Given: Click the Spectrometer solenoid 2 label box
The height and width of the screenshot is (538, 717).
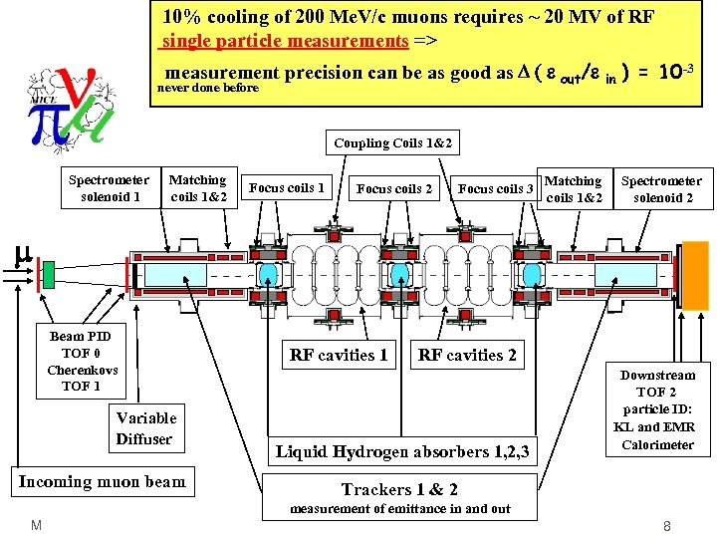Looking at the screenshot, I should click(661, 189).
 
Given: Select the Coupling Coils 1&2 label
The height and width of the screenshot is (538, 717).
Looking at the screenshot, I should click(392, 143).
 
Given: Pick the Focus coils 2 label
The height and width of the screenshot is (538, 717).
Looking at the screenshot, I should click(394, 189).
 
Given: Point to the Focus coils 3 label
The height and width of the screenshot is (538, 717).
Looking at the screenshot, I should click(496, 189).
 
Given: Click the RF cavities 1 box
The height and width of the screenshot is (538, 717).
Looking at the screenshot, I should click(339, 355).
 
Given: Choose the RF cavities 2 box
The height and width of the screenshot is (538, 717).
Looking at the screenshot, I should click(467, 355).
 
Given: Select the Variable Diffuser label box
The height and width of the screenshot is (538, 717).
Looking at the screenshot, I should click(145, 428).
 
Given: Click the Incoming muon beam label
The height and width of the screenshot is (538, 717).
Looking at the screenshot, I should click(102, 482).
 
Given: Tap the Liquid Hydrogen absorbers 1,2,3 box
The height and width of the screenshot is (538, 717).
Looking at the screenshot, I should click(402, 452).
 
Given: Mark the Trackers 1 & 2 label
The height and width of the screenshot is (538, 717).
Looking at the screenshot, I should click(399, 489).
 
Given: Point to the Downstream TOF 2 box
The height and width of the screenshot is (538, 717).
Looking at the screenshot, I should click(658, 409).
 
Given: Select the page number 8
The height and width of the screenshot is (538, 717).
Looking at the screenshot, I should click(664, 525).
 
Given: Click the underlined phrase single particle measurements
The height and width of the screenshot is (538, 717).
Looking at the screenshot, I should click(285, 41).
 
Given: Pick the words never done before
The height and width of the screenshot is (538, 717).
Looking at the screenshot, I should click(208, 89).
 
